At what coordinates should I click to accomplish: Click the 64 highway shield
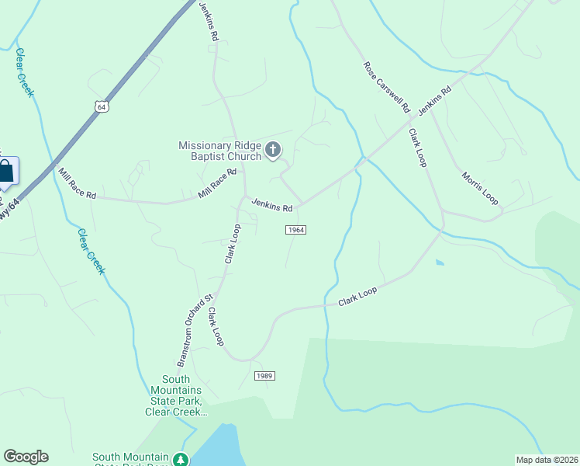click(102, 107)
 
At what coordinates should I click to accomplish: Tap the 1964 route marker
click(295, 230)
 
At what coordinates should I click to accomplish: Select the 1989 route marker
click(264, 376)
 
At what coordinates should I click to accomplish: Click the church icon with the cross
click(273, 150)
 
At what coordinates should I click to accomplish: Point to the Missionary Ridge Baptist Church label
click(220, 151)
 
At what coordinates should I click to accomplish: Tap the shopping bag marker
click(5, 172)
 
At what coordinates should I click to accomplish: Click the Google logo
click(26, 457)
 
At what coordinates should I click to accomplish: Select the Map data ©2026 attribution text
click(547, 458)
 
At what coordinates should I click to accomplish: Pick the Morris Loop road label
click(480, 187)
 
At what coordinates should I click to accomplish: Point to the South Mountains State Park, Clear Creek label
click(176, 395)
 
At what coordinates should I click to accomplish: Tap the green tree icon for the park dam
click(181, 460)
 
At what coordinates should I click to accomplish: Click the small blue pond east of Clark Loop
click(440, 263)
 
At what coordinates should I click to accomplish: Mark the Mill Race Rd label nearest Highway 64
click(77, 183)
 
